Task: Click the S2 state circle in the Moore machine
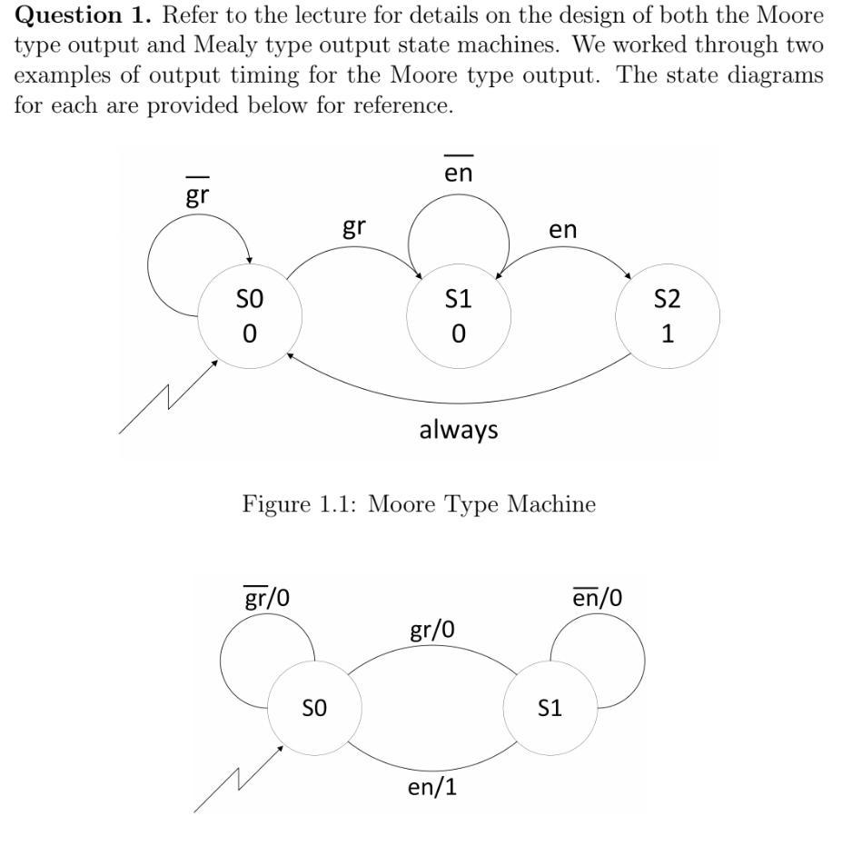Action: point(668,316)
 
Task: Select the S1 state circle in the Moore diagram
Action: point(459,316)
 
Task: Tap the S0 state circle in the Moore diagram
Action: point(250,316)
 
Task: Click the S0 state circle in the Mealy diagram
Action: point(314,708)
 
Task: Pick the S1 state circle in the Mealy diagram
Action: point(550,708)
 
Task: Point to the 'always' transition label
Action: point(459,429)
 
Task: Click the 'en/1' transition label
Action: point(432,786)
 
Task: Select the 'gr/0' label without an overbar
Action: point(432,630)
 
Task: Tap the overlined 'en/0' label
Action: point(598,598)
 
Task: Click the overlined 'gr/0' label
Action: point(267,598)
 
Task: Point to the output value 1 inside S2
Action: point(668,333)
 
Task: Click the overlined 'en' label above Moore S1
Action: point(459,172)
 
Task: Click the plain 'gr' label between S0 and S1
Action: point(354,227)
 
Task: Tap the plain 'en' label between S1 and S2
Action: point(563,230)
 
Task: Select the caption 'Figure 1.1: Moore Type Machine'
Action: point(419,503)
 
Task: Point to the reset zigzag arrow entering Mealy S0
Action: point(239,779)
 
